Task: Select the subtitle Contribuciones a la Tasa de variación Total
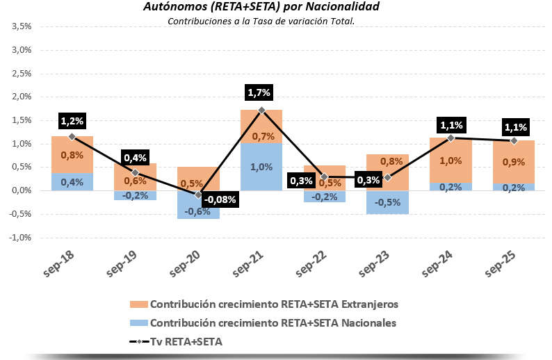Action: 261,21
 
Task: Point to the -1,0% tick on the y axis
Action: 21,237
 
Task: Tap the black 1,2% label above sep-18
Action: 72,120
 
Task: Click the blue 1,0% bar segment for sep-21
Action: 261,167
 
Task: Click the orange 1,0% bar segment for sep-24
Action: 450,161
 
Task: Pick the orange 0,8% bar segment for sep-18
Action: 72,155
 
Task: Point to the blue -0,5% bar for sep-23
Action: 387,202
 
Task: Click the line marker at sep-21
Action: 261,110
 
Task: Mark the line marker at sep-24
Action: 450,138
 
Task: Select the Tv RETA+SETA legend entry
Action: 177,341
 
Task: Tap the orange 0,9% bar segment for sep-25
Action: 514,162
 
